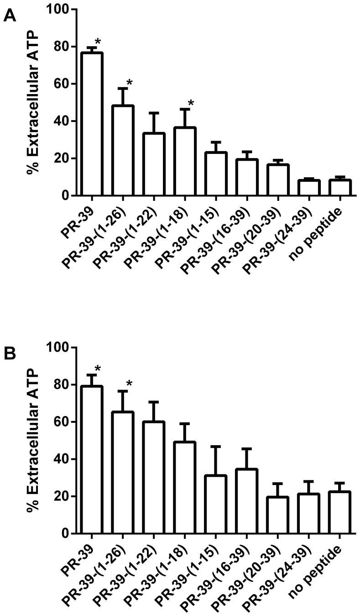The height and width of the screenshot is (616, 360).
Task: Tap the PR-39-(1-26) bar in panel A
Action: click(123, 151)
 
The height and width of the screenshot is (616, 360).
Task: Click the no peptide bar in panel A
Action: click(340, 188)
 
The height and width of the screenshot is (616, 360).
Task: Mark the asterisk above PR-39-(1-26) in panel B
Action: click(129, 384)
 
